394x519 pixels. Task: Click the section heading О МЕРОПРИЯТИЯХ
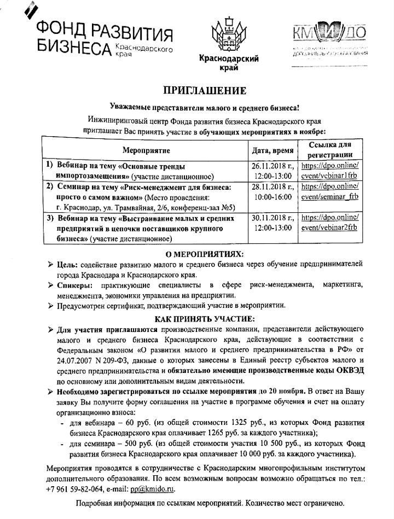(205, 254)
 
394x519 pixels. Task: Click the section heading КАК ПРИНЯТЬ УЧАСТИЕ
(205, 318)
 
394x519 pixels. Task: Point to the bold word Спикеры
(74, 285)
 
